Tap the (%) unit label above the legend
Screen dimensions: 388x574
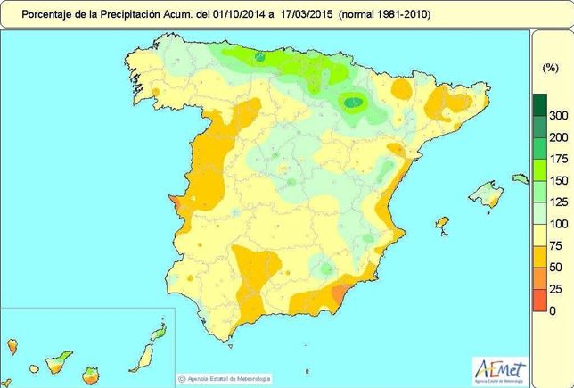coord(550,68)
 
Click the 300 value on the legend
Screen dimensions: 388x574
coord(558,116)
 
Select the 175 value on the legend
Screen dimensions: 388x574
coord(558,159)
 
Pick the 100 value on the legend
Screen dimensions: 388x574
coord(558,224)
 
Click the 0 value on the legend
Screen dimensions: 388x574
coord(553,310)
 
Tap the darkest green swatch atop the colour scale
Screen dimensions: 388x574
coord(540,105)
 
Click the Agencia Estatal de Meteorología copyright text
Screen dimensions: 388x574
coord(234,377)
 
